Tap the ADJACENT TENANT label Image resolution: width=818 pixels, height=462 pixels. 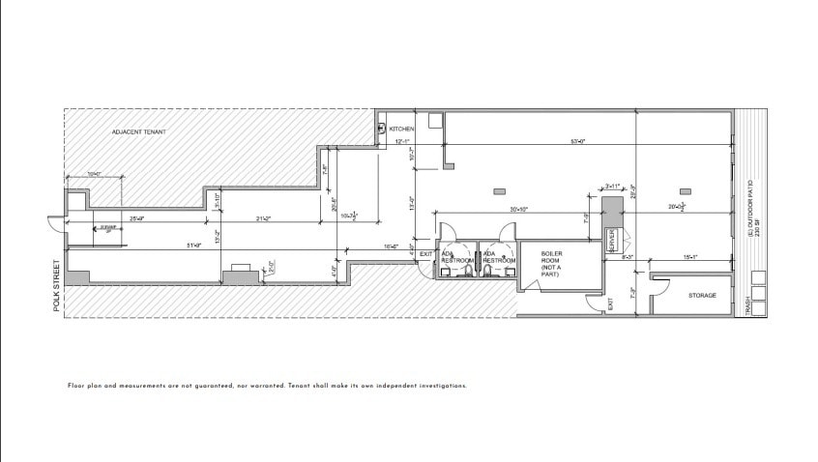[137, 130]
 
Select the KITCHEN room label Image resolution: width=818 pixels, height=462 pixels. [402, 129]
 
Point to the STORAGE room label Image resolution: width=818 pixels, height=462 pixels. [702, 295]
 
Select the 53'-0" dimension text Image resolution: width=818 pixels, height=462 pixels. [579, 142]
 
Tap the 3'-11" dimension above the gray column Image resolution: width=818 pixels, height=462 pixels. [612, 186]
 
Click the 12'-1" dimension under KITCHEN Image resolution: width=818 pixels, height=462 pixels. [403, 142]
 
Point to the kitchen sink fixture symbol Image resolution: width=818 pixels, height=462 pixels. [383, 128]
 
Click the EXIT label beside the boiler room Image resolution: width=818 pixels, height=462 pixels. [610, 304]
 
